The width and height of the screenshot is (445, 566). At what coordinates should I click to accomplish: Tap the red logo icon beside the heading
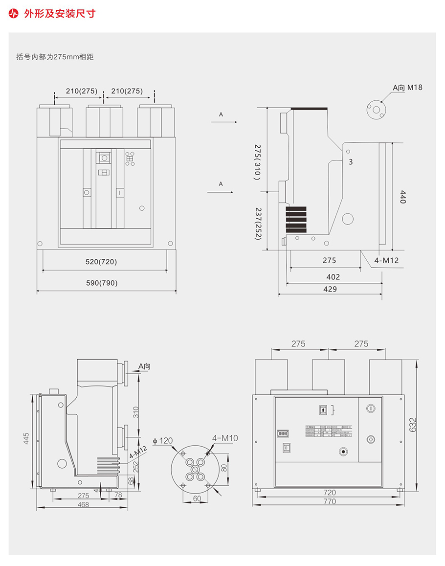(x=14, y=13)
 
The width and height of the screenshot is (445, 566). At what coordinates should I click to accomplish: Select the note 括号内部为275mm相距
(x=55, y=57)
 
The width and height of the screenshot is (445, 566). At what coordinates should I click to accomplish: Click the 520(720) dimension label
(x=101, y=262)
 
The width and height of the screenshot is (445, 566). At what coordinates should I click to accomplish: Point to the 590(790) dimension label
(x=101, y=283)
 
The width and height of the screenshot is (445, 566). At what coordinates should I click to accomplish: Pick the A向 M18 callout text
(x=407, y=88)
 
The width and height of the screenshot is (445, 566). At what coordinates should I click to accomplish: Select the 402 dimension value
(x=333, y=277)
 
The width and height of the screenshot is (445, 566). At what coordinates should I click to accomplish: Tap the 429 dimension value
(x=330, y=289)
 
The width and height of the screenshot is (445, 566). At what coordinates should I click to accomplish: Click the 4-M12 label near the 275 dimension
(x=386, y=260)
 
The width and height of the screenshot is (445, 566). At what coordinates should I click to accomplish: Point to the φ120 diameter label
(x=163, y=441)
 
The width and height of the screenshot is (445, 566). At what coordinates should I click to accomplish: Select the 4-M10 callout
(x=225, y=438)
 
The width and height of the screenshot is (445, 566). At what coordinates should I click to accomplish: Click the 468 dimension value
(x=83, y=504)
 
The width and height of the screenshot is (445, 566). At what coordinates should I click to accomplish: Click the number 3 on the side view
(x=351, y=161)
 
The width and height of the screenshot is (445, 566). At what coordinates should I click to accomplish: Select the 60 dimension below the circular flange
(x=197, y=498)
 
